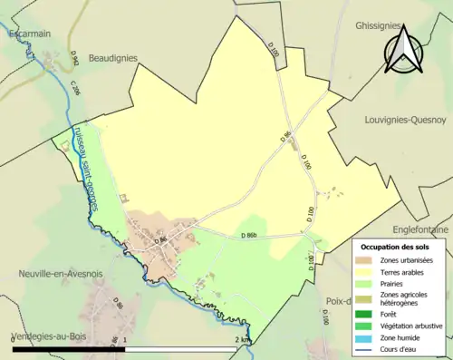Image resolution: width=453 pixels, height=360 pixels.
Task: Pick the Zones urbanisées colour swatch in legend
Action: tap(368, 261)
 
